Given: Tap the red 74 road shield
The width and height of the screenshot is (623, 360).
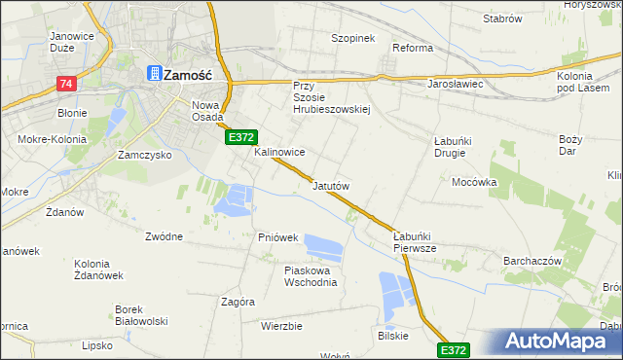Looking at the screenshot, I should pyautogui.click(x=65, y=85).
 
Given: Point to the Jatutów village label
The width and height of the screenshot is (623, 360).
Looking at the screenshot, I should pyautogui.click(x=330, y=185).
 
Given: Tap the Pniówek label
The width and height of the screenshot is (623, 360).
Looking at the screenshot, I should pyautogui.click(x=277, y=237).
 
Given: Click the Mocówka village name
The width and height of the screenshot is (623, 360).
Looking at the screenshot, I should pyautogui.click(x=474, y=182).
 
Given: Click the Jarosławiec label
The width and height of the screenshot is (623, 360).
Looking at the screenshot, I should pyautogui.click(x=456, y=84).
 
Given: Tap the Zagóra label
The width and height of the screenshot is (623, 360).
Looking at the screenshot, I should pyautogui.click(x=238, y=302).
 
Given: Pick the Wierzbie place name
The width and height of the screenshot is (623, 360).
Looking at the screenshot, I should pyautogui.click(x=281, y=326).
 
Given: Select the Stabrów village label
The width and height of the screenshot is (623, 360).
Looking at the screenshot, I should pyautogui.click(x=502, y=18).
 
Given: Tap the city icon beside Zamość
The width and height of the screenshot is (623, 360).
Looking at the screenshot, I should pyautogui.click(x=154, y=72).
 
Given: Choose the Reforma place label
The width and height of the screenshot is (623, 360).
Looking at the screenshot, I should pyautogui.click(x=412, y=48).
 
